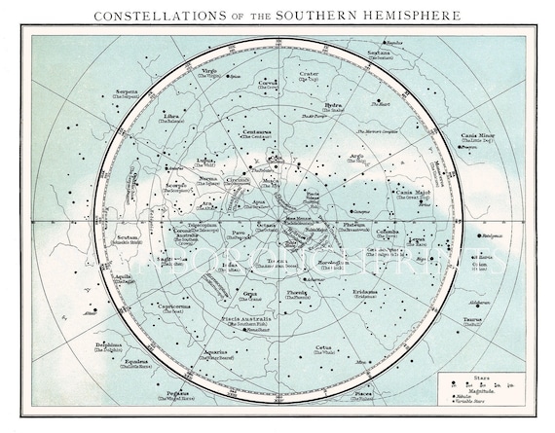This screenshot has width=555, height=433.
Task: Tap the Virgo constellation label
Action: (210, 71)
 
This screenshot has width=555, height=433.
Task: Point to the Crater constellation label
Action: (308, 73)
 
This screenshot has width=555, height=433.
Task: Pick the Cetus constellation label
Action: (325, 347)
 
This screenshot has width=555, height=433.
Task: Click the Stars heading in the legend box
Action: (484, 371)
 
